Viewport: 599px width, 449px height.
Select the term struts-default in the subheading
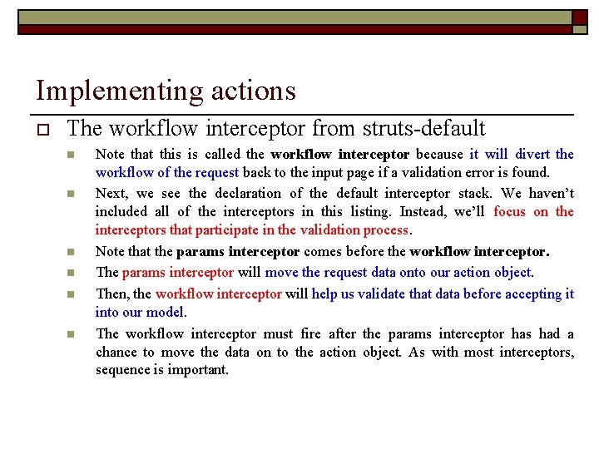(423, 129)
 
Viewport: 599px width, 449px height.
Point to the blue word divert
(532, 154)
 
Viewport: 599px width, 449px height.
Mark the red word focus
(509, 212)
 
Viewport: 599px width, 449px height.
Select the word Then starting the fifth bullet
(111, 294)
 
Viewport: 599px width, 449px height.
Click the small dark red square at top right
(579, 17)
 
